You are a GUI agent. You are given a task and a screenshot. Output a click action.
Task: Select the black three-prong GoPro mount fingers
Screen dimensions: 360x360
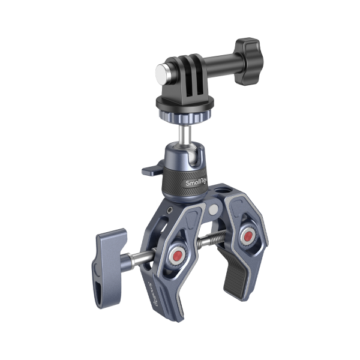188,78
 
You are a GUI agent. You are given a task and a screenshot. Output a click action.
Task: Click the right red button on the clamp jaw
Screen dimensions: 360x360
246,238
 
